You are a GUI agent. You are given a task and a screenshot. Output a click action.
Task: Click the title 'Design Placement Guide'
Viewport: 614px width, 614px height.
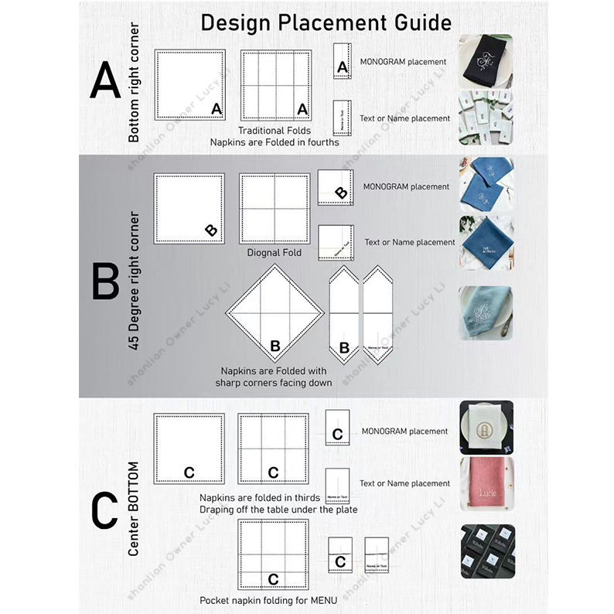click(326, 22)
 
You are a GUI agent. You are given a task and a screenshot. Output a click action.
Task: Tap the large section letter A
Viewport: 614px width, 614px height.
click(105, 81)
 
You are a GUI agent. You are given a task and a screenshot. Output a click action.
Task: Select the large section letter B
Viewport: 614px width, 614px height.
click(105, 281)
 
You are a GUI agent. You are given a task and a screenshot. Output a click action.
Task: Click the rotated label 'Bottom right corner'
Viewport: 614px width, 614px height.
click(135, 83)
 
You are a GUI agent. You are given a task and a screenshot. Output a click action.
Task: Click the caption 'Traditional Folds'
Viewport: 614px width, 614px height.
click(274, 131)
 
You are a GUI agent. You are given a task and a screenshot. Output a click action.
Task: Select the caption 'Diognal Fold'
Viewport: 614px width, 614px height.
click(275, 252)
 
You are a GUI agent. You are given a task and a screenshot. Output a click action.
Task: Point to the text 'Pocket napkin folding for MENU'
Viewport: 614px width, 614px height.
click(268, 600)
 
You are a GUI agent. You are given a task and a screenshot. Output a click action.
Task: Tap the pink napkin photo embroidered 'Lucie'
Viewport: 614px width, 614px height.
click(486, 483)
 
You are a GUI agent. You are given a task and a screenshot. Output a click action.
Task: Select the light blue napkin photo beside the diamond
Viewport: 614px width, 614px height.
click(486, 313)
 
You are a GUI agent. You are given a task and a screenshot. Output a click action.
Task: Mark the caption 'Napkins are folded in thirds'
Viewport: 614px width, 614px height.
click(254, 497)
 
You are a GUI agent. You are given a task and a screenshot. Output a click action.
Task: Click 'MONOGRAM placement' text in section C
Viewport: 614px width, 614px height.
click(404, 432)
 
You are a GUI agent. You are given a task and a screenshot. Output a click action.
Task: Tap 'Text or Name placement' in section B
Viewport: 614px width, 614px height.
click(410, 243)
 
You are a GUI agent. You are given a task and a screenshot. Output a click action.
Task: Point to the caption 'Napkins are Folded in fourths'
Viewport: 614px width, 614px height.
click(274, 142)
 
